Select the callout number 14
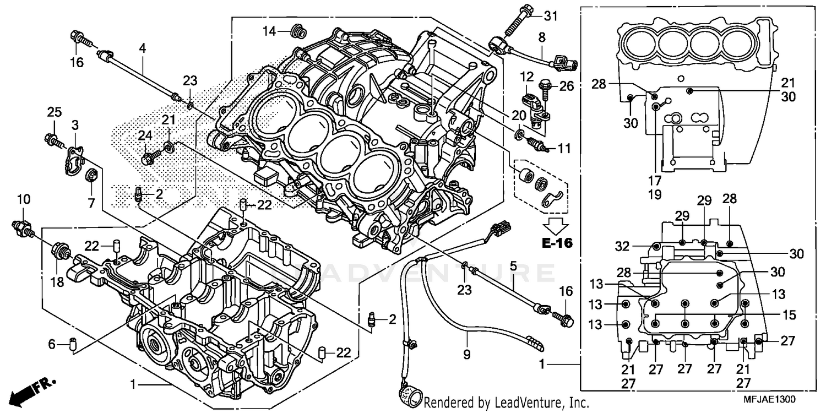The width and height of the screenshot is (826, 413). (269, 31)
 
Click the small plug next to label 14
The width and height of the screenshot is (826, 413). (298, 32)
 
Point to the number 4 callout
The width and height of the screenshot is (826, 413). (142, 48)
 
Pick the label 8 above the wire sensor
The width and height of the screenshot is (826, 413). (542, 37)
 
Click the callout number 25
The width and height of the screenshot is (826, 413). (53, 112)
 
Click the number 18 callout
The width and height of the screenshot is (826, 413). (57, 282)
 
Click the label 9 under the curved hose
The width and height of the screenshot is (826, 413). (467, 355)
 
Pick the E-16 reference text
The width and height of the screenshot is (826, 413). (556, 243)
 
